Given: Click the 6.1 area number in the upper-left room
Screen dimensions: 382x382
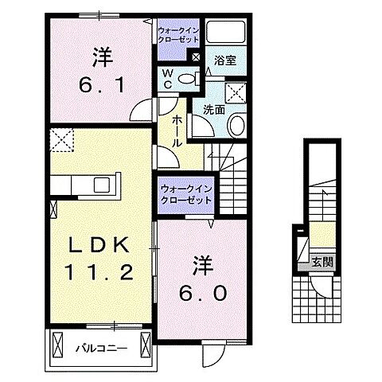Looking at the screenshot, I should [100, 84].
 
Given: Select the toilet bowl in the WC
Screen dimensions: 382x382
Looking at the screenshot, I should [188, 78].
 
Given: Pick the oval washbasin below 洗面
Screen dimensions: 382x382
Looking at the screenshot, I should [237, 125].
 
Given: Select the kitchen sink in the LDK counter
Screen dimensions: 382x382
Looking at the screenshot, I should [103, 185].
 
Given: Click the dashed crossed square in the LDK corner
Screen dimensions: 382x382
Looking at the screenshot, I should [60, 141].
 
